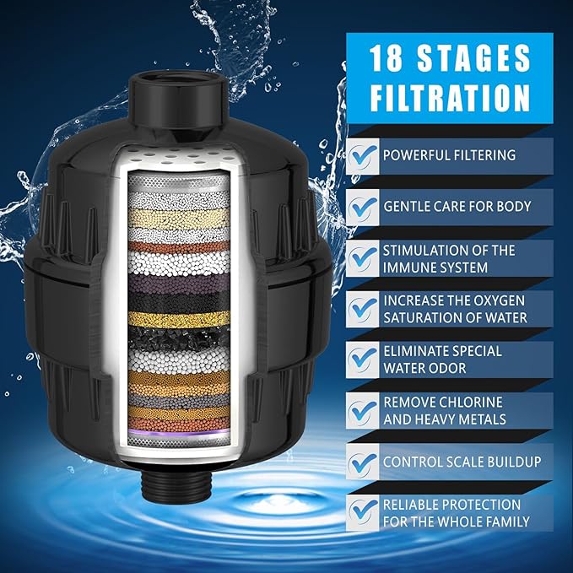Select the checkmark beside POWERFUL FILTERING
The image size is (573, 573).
click(x=362, y=156)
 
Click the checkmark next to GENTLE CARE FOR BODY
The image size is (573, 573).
click(x=362, y=207)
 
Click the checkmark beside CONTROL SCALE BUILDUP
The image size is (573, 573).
click(x=362, y=462)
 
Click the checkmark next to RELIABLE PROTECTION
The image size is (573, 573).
click(x=362, y=512)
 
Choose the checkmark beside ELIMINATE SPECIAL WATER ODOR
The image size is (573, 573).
click(x=362, y=359)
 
